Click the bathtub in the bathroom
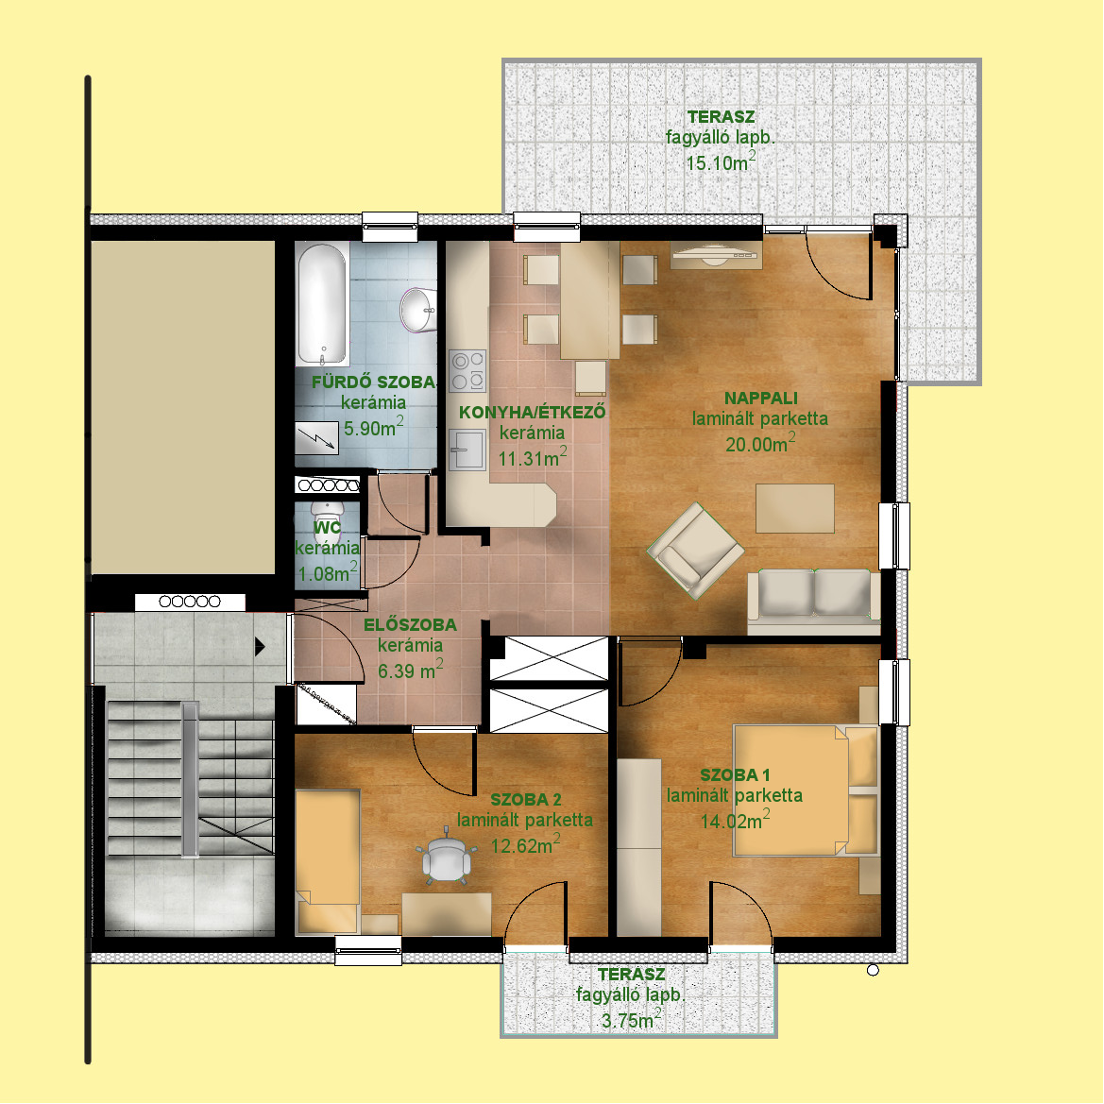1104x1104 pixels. [322, 304]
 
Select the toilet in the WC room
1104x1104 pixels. [328, 518]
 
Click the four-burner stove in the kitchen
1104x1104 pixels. [467, 370]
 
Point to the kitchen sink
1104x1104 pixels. [467, 450]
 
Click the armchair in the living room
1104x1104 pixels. [695, 551]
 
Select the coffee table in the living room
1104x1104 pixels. [795, 508]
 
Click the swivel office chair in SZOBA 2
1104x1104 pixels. [446, 855]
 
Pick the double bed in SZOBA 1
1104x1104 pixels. [806, 790]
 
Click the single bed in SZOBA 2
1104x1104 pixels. [328, 862]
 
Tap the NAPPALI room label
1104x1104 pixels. [760, 398]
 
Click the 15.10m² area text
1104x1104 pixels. [721, 161]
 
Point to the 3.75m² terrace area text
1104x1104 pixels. [631, 1019]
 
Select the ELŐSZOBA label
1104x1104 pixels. [410, 624]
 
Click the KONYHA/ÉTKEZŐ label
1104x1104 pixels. [533, 412]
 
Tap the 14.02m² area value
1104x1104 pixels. [735, 821]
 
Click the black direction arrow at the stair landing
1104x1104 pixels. [260, 646]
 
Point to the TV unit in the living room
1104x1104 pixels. [716, 255]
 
